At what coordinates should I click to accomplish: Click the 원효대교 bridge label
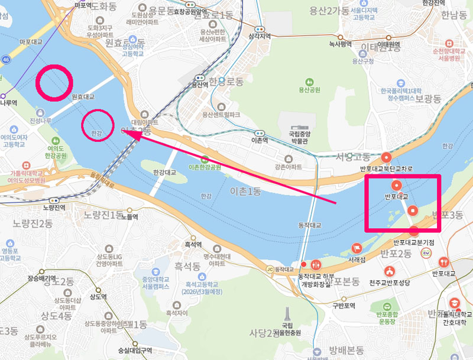pyautogui.click(x=83, y=96)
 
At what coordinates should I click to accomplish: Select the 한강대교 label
pyautogui.click(x=165, y=173)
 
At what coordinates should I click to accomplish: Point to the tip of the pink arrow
pyautogui.click(x=129, y=133)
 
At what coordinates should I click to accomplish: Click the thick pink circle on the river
pyautogui.click(x=54, y=82)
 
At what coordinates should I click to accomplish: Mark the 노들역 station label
pyautogui.click(x=129, y=217)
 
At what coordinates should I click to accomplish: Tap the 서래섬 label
pyautogui.click(x=356, y=258)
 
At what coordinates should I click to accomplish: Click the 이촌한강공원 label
pyautogui.click(x=205, y=167)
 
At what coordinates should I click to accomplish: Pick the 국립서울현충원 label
pyautogui.click(x=291, y=329)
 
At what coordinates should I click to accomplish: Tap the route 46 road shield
pyautogui.click(x=6, y=60)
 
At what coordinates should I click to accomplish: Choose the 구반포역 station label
pyautogui.click(x=342, y=306)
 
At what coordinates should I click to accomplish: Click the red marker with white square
pyautogui.click(x=412, y=210)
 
